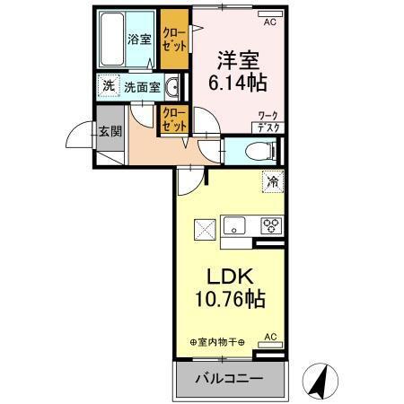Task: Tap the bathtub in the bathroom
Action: (x=111, y=40)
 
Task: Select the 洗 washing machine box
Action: (x=108, y=86)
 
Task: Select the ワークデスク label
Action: (x=267, y=121)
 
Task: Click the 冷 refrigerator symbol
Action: (x=269, y=181)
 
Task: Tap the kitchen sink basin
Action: (x=236, y=224)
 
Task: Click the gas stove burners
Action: (x=270, y=225)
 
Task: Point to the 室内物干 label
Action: (x=219, y=341)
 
